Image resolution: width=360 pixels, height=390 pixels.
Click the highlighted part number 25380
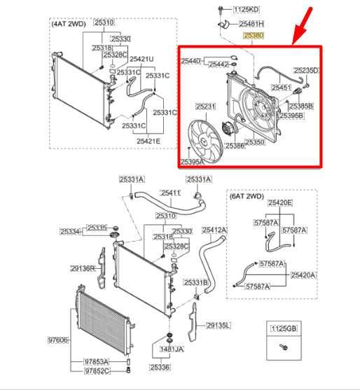[x=253, y=34]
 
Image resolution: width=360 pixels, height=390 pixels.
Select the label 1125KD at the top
[x=246, y=10]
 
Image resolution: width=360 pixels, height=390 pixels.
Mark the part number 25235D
[x=306, y=70]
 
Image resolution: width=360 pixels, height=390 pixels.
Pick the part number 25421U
[x=142, y=59]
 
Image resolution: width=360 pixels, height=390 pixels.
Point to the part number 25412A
[x=215, y=230]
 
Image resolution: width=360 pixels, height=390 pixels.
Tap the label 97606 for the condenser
[x=58, y=339]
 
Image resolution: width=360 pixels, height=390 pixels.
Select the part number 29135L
[x=218, y=326]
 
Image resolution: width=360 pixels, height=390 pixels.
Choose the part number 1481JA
[x=170, y=349]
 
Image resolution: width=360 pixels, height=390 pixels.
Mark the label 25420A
[x=303, y=276]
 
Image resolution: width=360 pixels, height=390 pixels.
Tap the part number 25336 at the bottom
[x=160, y=367]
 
